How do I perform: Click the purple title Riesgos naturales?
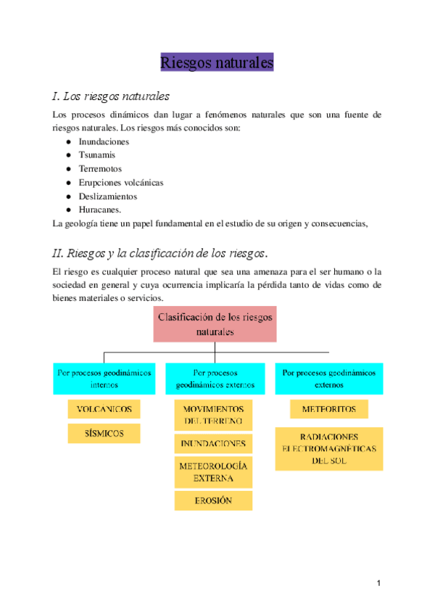tap(217, 63)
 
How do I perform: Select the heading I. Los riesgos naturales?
tap(112, 96)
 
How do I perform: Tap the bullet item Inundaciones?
tap(104, 141)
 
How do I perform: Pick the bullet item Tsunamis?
tap(97, 155)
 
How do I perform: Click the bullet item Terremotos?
tap(100, 169)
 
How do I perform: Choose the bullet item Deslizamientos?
tap(107, 196)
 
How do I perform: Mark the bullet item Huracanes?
tap(99, 210)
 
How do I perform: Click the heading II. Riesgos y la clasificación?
tap(161, 253)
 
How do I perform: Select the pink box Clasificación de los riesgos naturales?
tap(215, 324)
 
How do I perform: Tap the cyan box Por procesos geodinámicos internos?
tap(104, 379)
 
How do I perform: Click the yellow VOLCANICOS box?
tap(104, 410)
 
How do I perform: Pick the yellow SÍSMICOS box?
tap(104, 434)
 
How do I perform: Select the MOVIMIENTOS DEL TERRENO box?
tap(213, 415)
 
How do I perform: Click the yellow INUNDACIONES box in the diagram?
tap(213, 444)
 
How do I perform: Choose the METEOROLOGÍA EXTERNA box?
tap(213, 472)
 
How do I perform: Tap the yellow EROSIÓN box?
tap(213, 500)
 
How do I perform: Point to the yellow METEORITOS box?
tap(328, 410)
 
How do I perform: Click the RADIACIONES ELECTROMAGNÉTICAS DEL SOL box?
tap(328, 448)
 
